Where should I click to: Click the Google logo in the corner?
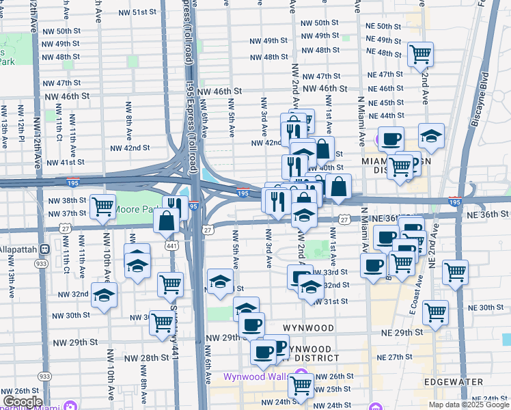coord(22,402)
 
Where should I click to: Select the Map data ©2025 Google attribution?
coord(468,405)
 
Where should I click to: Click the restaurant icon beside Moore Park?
coord(174,206)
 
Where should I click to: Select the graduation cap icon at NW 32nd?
coord(104,295)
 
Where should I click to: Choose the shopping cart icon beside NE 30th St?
coord(435,312)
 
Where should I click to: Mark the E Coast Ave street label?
coord(412,294)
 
